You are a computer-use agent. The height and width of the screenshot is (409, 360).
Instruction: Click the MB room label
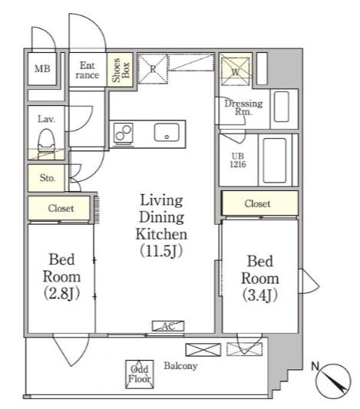click(42, 69)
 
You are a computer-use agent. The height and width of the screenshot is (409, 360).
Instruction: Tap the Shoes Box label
click(121, 70)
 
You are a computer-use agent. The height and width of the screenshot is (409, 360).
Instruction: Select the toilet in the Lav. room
click(46, 144)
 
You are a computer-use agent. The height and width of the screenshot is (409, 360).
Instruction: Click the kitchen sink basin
click(167, 133)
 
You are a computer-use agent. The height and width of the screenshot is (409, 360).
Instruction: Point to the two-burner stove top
click(124, 133)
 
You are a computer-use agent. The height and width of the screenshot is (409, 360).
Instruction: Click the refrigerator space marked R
click(153, 69)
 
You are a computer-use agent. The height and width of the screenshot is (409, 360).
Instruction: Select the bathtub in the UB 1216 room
click(275, 160)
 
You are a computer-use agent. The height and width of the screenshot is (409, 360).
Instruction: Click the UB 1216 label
click(238, 160)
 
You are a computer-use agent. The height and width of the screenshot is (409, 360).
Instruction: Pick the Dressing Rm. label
click(243, 107)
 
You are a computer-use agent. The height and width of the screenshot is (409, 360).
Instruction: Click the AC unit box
click(168, 326)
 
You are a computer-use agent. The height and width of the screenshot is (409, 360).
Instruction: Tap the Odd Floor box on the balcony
click(139, 374)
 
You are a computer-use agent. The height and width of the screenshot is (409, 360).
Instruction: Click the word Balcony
click(180, 366)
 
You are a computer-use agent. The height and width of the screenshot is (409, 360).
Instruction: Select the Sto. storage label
click(48, 178)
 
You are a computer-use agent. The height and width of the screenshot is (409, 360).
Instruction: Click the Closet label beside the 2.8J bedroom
click(61, 209)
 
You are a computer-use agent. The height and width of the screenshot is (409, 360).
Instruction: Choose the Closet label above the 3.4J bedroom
click(257, 203)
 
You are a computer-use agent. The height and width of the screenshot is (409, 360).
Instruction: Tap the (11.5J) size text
click(161, 251)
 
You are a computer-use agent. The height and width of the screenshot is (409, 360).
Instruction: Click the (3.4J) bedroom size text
click(259, 295)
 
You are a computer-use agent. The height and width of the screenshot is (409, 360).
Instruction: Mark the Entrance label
click(88, 70)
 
